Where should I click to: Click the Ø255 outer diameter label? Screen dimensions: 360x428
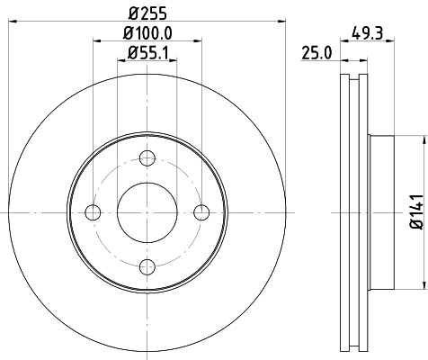[147, 14]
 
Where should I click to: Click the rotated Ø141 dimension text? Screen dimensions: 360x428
[415, 211]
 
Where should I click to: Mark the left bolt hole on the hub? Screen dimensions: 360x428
[92, 212]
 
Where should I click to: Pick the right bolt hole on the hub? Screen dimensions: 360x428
[201, 212]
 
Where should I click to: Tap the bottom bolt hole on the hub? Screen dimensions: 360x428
[147, 266]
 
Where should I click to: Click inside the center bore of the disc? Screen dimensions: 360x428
[147, 212]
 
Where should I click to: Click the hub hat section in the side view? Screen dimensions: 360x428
[381, 212]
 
